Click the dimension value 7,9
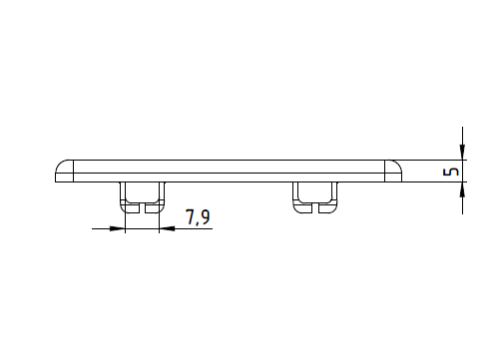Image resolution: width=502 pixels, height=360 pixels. tap(198, 217)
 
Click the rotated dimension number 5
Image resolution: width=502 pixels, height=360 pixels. tap(451, 172)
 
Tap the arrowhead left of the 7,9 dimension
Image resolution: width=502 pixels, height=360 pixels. tap(117, 228)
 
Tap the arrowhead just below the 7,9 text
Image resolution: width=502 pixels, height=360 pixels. tap(167, 228)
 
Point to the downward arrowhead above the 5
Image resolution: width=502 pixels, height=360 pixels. tap(462, 152)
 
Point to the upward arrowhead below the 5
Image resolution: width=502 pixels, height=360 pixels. tap(462, 189)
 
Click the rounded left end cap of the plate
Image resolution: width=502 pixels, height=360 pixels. tap(64, 171)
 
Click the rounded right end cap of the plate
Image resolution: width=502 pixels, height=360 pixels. tap(393, 171)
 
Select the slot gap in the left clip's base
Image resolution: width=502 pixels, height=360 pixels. tap(142, 208)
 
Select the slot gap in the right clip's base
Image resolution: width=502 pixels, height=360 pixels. tap(315, 208)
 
